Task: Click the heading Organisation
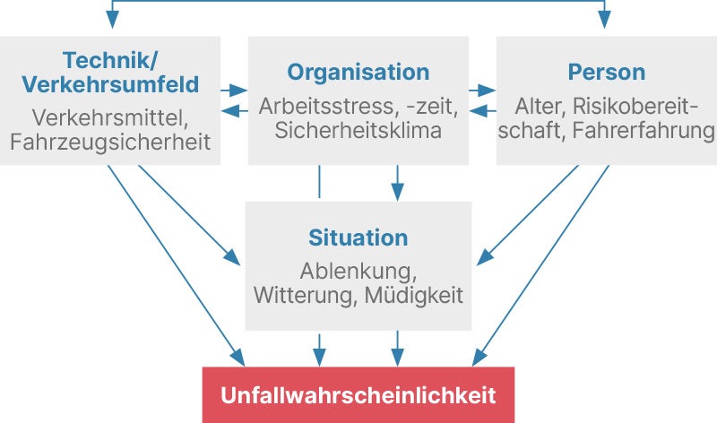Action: coord(358,72)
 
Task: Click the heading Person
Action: coord(606,72)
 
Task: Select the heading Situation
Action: coord(358,238)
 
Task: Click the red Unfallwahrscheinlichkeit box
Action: coord(358,394)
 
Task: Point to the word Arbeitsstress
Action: coord(324,107)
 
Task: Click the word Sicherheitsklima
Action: coord(358,132)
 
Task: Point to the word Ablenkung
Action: coord(358,271)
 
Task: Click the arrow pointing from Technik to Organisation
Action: coord(234,91)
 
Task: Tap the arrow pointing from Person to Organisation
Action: coord(483,111)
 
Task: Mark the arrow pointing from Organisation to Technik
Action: coord(234,111)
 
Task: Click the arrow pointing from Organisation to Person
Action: coord(483,91)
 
